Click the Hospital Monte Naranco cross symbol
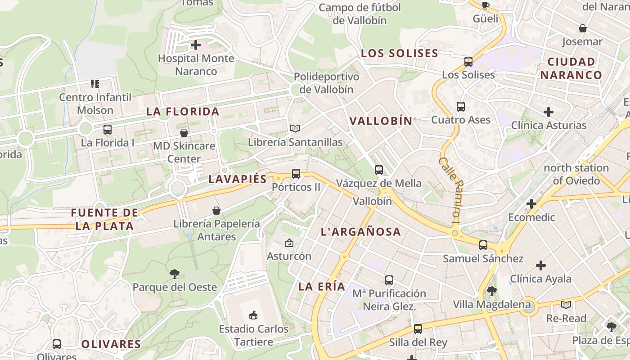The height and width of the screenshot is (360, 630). [x=196, y=45]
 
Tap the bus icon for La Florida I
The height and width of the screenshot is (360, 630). [x=108, y=130]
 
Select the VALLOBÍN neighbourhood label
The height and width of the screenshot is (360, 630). [x=381, y=121]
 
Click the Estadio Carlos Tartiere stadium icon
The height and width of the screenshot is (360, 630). [x=253, y=315]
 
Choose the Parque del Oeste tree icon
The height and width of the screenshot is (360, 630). [x=175, y=274]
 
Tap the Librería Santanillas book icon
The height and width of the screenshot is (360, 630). [x=295, y=129]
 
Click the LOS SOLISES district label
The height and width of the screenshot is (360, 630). [x=400, y=53]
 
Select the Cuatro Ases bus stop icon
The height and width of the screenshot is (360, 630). [x=461, y=107]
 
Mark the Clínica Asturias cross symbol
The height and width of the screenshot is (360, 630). [x=549, y=112]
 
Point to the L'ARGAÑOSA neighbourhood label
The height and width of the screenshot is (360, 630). [x=360, y=232]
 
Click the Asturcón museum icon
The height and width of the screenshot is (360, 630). [x=289, y=243]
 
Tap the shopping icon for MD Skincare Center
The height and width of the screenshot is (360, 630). [x=184, y=133]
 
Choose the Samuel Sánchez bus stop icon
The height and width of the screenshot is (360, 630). [x=483, y=245]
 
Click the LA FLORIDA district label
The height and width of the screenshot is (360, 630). [x=183, y=112]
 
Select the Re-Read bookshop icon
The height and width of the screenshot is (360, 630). [x=566, y=305]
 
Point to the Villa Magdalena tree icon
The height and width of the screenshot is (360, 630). [x=492, y=291]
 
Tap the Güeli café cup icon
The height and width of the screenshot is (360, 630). [x=485, y=6]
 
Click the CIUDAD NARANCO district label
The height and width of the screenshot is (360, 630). [x=571, y=68]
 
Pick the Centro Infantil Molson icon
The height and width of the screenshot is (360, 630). [x=95, y=84]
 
